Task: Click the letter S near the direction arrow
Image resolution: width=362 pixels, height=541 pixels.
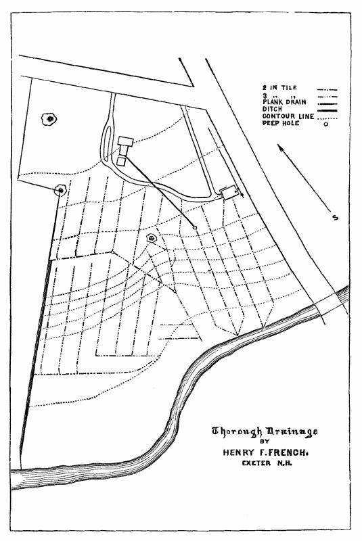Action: (334, 217)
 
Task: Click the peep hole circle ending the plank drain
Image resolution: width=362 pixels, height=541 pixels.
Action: (195, 227)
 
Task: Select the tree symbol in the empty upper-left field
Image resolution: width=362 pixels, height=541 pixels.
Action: (49, 120)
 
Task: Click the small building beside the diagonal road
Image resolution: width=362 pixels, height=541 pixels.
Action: (230, 192)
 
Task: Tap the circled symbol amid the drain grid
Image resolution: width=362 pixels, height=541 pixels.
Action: (152, 238)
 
